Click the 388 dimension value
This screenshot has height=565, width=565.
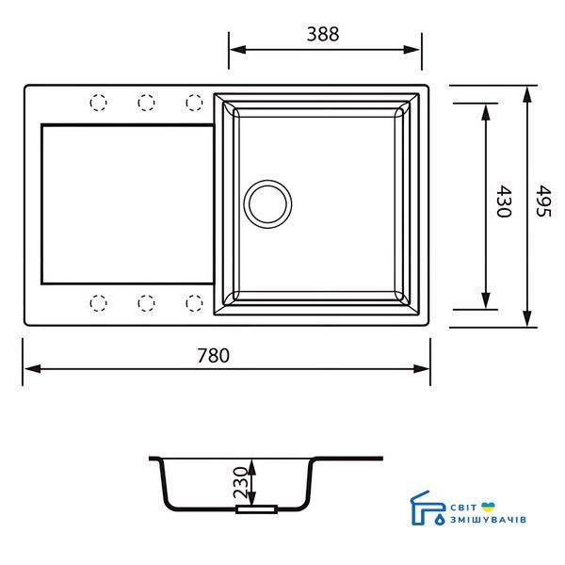tap(322, 34)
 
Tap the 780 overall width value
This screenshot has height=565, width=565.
tap(213, 355)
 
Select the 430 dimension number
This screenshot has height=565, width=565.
tap(504, 202)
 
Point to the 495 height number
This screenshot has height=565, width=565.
tap(543, 202)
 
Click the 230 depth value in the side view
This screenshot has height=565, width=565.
tap(241, 483)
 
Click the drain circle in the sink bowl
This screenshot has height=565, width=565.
tap(267, 204)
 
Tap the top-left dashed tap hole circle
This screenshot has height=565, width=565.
tap(98, 103)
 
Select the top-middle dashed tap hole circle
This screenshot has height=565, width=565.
tap(146, 103)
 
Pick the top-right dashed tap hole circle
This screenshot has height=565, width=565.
tap(194, 103)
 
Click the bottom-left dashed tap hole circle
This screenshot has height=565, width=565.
tap(98, 303)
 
